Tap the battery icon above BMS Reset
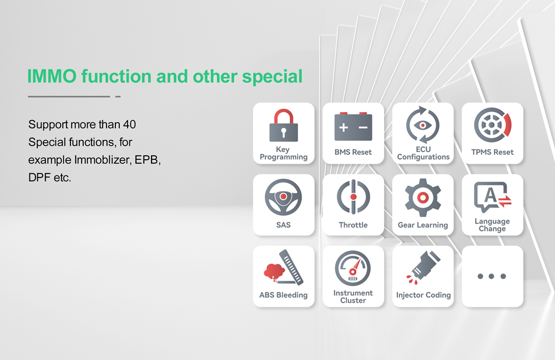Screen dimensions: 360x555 pyautogui.click(x=353, y=127)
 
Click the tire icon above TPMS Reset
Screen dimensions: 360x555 pyautogui.click(x=492, y=125)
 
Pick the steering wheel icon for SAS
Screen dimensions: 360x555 pyautogui.click(x=284, y=197)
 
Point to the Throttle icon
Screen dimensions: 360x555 pyautogui.click(x=353, y=197)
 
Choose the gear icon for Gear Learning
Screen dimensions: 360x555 pyautogui.click(x=423, y=197)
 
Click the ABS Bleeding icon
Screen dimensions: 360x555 pyautogui.click(x=284, y=268)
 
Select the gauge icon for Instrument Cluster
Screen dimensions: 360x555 pyautogui.click(x=353, y=268)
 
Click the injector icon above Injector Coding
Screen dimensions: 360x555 pyautogui.click(x=423, y=268)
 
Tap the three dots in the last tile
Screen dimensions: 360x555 pyautogui.click(x=492, y=276)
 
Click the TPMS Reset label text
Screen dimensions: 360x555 pyautogui.click(x=492, y=152)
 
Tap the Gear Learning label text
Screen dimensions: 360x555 pyautogui.click(x=423, y=225)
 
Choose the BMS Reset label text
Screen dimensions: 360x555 pyautogui.click(x=353, y=152)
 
